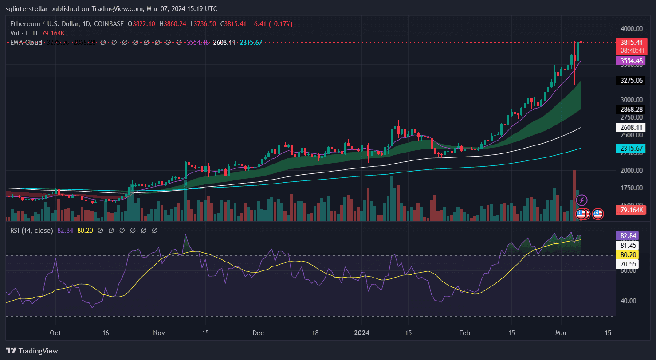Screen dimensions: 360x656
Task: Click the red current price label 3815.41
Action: pyautogui.click(x=630, y=43)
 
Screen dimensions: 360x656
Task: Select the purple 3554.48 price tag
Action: pyautogui.click(x=630, y=61)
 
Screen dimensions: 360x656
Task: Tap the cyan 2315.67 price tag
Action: pyautogui.click(x=630, y=148)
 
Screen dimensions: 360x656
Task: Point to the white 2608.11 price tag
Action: pyautogui.click(x=630, y=128)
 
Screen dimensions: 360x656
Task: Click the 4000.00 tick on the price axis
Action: pyautogui.click(x=632, y=29)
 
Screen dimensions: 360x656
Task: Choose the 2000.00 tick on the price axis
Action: pyautogui.click(x=632, y=170)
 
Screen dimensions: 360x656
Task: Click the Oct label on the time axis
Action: pyautogui.click(x=55, y=333)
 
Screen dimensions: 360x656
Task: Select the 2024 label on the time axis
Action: pyautogui.click(x=362, y=333)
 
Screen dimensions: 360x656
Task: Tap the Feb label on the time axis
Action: pyautogui.click(x=464, y=333)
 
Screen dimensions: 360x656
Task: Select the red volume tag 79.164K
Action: pyautogui.click(x=630, y=210)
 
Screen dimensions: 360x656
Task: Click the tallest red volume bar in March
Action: pyautogui.click(x=574, y=195)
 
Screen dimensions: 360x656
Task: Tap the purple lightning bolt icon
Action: pyautogui.click(x=581, y=200)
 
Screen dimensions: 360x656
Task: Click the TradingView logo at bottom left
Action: pyautogui.click(x=32, y=351)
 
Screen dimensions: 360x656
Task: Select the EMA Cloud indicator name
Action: pyautogui.click(x=26, y=43)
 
